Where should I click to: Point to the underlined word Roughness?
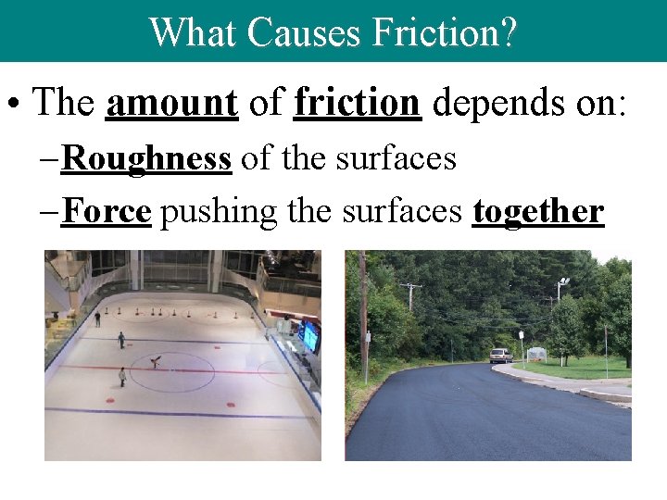pyautogui.click(x=145, y=158)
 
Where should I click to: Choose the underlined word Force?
pyautogui.click(x=106, y=212)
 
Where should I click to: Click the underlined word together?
pyautogui.click(x=537, y=212)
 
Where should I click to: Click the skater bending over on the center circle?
pyautogui.click(x=156, y=362)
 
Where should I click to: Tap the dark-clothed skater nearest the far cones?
pyautogui.click(x=97, y=319)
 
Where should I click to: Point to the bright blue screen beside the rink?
pyautogui.click(x=309, y=336)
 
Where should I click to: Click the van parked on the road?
pyautogui.click(x=500, y=356)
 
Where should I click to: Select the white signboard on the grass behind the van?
pyautogui.click(x=536, y=355)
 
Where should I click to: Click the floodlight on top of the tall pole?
pyautogui.click(x=562, y=283)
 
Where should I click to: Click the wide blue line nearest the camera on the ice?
pyautogui.click(x=176, y=413)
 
